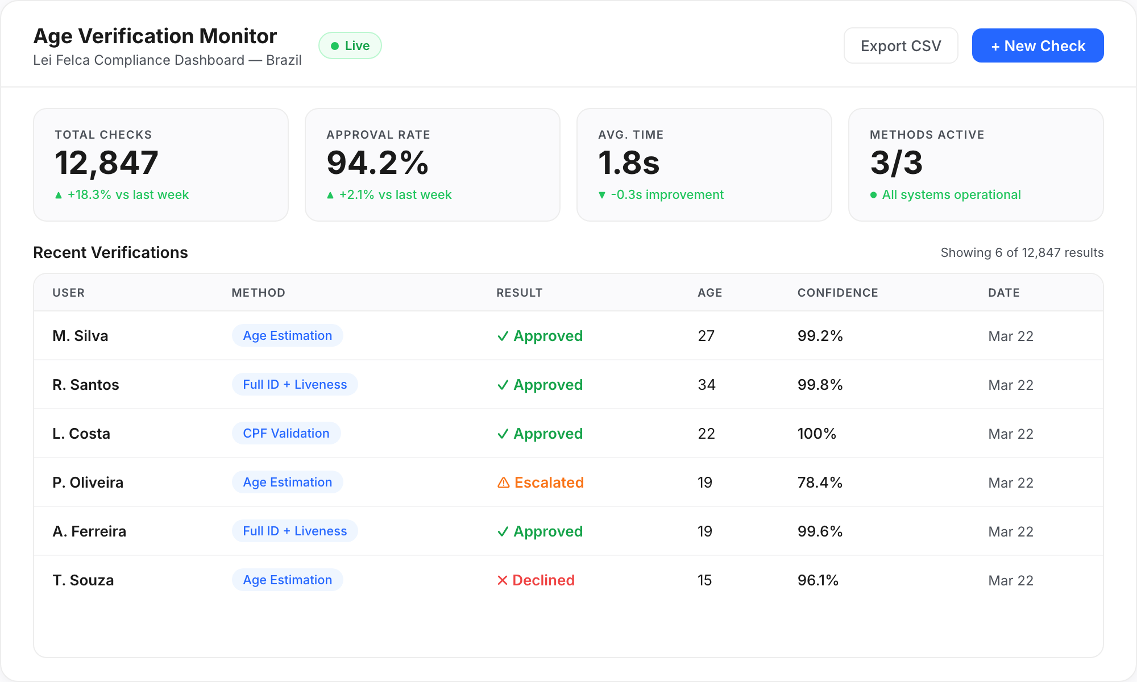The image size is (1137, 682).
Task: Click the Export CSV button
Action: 901,46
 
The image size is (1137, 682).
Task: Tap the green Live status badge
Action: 350,46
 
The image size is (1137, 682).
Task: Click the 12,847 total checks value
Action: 106,163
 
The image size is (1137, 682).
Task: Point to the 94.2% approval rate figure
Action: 377,163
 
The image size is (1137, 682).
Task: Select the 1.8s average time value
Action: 629,163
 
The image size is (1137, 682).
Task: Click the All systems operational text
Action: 951,195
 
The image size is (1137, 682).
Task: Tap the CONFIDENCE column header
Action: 837,293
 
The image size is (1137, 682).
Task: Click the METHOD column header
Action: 258,293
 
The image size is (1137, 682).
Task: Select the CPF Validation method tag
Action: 286,434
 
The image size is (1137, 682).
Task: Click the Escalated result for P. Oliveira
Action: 541,483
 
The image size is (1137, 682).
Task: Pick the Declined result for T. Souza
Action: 536,580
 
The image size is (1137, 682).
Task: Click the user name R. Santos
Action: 86,385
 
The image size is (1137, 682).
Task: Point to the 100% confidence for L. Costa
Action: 816,434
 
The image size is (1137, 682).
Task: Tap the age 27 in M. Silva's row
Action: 706,336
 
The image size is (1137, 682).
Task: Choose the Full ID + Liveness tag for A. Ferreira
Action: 294,531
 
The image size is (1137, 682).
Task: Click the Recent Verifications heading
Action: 110,252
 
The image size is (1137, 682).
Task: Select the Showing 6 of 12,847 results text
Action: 1022,253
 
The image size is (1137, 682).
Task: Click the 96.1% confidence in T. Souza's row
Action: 818,580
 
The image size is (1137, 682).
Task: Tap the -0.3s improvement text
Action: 667,195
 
